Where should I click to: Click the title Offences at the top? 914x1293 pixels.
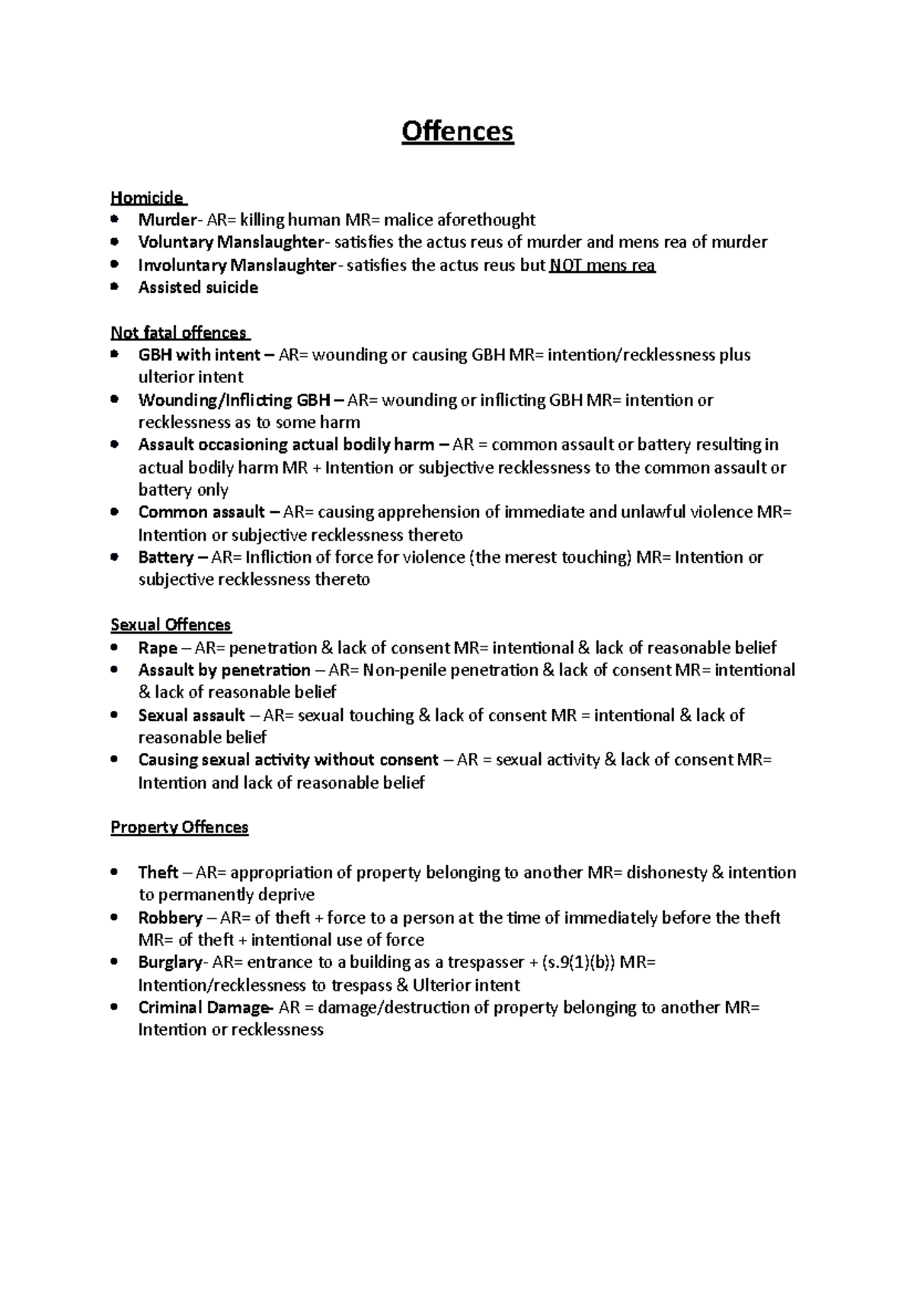[x=458, y=132]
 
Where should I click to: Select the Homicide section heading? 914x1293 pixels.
[x=147, y=198]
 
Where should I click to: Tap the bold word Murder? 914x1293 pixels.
[x=167, y=221]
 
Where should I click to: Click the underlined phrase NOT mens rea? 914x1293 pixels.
[x=602, y=266]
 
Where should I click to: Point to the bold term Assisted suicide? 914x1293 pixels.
[x=198, y=288]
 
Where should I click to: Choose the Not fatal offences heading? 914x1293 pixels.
[x=179, y=333]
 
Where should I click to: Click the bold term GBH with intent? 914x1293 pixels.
[x=199, y=356]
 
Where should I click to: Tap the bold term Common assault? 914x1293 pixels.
[x=202, y=512]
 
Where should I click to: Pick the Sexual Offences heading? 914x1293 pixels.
[x=171, y=625]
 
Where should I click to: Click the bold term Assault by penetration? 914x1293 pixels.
[x=224, y=671]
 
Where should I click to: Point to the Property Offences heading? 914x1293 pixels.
[x=180, y=828]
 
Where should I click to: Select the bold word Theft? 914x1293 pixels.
[x=158, y=873]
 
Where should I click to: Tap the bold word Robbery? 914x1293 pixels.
[x=170, y=918]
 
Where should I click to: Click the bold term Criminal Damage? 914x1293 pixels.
[x=203, y=1007]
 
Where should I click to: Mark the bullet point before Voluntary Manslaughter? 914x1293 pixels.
[x=114, y=242]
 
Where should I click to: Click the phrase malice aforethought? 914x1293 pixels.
[x=459, y=221]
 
